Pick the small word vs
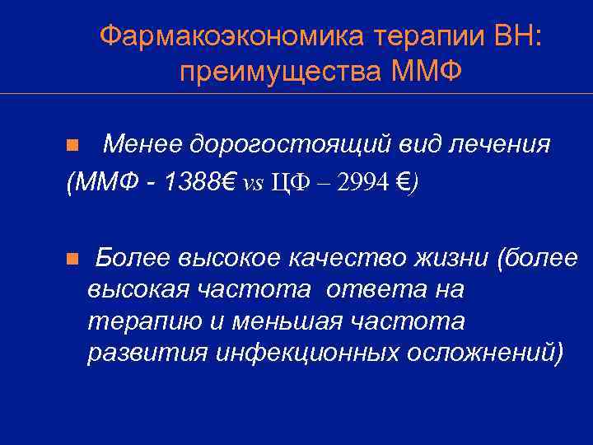pos(252,184)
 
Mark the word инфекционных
pos(309,352)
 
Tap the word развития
pos(147,352)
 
